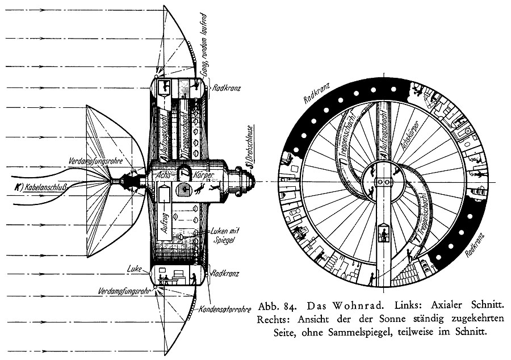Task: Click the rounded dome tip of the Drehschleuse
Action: point(251,181)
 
